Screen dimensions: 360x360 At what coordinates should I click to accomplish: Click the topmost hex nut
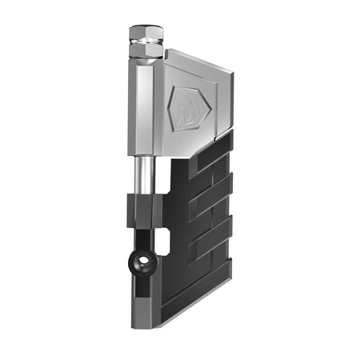(146, 33)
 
